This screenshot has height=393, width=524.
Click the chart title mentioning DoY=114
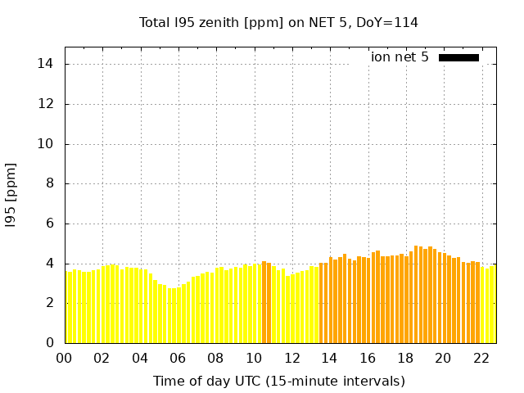point(278,22)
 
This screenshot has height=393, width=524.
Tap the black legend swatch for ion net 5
point(458,57)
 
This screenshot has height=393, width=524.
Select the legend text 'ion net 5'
point(400,57)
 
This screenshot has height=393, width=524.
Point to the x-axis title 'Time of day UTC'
point(278,381)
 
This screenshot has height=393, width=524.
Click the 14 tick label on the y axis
point(47,64)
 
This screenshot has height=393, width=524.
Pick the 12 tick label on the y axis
point(47,104)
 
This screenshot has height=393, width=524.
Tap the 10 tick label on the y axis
point(47,143)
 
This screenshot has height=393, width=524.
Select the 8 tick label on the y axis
point(51,183)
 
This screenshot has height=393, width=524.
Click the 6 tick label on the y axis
point(51,224)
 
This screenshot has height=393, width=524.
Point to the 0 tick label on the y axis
point(51,343)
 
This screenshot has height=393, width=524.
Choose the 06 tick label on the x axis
point(178,358)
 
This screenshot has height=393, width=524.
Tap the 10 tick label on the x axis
point(253,358)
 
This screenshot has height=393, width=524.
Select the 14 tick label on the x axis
point(329,358)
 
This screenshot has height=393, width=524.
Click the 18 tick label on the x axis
point(404,358)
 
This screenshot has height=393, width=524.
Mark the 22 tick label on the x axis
point(481,358)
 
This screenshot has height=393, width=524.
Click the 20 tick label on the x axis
point(443,358)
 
